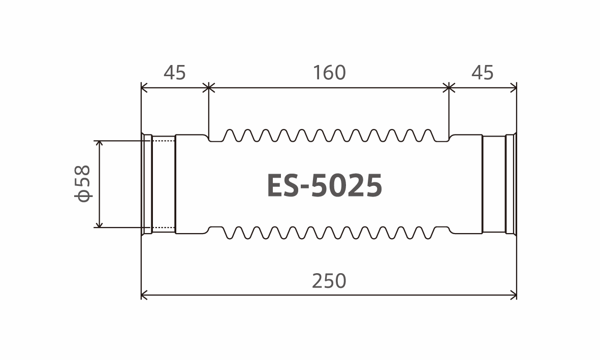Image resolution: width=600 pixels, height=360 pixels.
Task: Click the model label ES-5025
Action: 324,185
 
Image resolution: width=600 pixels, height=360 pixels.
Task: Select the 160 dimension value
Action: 329,73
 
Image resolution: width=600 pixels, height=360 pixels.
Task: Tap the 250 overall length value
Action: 329,281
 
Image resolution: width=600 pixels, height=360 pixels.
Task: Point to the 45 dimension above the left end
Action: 175,73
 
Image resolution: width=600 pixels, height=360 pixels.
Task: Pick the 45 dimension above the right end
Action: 482,73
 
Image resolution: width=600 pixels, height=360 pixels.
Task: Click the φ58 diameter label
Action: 82,183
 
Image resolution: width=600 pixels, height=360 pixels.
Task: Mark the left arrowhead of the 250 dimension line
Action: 144,294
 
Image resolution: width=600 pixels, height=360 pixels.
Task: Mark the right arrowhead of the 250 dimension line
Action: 514,294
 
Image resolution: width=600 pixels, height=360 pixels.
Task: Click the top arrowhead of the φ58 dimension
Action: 100,144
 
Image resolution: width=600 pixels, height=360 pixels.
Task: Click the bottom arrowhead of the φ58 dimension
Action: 100,224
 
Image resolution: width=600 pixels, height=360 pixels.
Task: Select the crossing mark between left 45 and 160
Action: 208,88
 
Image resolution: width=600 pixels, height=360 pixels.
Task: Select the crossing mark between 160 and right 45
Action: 449,88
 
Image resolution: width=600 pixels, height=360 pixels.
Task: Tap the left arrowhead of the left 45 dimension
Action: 144,88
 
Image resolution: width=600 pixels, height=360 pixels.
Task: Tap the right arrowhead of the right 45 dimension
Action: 514,88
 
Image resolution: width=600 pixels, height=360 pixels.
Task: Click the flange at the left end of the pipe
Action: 146,184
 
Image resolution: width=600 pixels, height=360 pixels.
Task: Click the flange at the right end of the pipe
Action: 511,184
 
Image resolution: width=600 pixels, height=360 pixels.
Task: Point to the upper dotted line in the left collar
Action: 164,138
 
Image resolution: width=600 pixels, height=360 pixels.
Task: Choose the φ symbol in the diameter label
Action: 82,195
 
